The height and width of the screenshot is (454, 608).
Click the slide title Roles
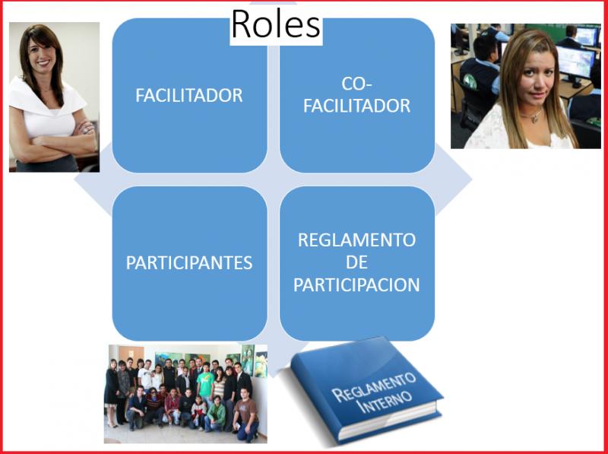tap(276, 24)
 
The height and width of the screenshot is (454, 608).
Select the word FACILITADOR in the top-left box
tap(189, 96)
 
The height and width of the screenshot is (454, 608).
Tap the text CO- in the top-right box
tap(356, 84)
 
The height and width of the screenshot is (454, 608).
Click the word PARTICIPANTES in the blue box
tap(189, 263)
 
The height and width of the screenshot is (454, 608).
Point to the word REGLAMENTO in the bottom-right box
tap(356, 240)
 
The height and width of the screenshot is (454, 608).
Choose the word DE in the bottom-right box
tap(356, 262)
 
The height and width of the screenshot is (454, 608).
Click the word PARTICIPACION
tap(356, 285)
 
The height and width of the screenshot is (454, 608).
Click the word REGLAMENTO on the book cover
tap(373, 387)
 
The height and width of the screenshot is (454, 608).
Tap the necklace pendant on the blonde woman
tap(535, 119)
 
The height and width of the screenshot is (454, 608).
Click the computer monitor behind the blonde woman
tap(575, 63)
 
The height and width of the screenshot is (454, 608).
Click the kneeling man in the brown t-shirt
tap(246, 414)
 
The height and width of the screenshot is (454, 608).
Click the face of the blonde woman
tap(537, 77)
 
